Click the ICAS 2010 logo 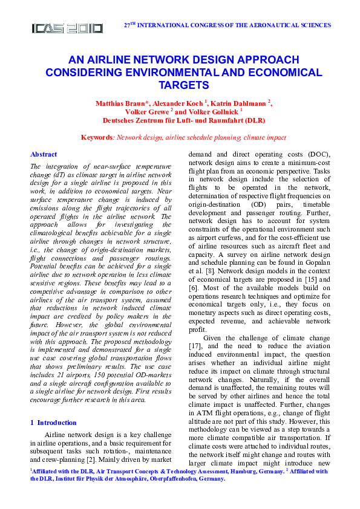click(67, 28)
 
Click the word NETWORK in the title click(173, 60)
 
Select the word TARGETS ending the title click(180, 85)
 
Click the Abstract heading click(44, 154)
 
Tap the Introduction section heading click(57, 423)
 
